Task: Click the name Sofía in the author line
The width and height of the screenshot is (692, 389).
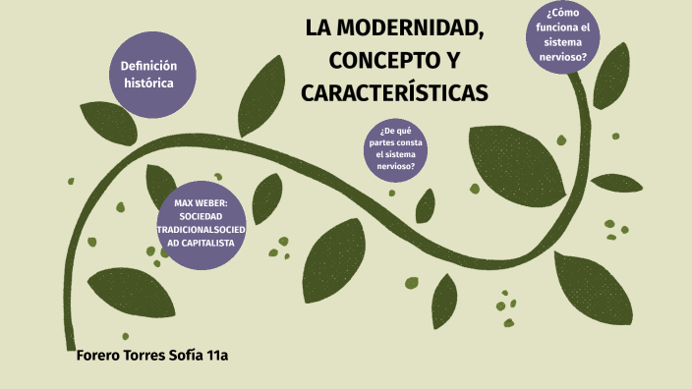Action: click(x=178, y=355)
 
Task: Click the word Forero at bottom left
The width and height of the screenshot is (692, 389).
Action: click(x=99, y=355)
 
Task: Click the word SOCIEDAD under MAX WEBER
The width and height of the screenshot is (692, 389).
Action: click(x=201, y=215)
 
